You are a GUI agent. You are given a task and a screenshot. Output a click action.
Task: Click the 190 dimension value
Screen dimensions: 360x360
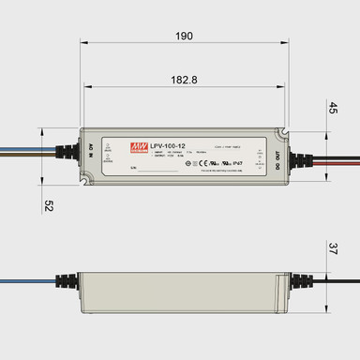pyautogui.click(x=184, y=36)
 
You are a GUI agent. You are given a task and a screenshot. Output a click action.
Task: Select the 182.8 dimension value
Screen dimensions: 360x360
pyautogui.click(x=185, y=82)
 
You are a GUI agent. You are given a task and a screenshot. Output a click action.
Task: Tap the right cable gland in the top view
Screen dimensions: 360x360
pyautogui.click(x=300, y=154)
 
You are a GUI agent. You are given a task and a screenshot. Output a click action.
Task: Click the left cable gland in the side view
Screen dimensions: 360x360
pyautogui.click(x=68, y=281)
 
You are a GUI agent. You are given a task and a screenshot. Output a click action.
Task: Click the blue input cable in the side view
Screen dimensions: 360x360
pyautogui.click(x=28, y=280)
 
